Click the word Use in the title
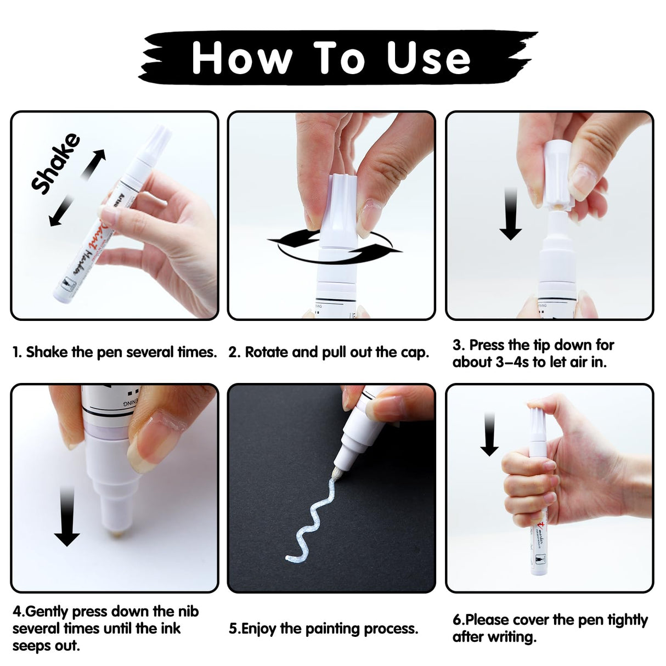(428, 58)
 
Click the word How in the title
(242, 58)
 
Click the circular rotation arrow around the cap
(334, 247)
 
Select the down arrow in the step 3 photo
(510, 214)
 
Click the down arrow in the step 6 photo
(489, 434)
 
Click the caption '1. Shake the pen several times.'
(115, 352)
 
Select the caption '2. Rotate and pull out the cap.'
(329, 352)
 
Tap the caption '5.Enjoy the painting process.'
(324, 628)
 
